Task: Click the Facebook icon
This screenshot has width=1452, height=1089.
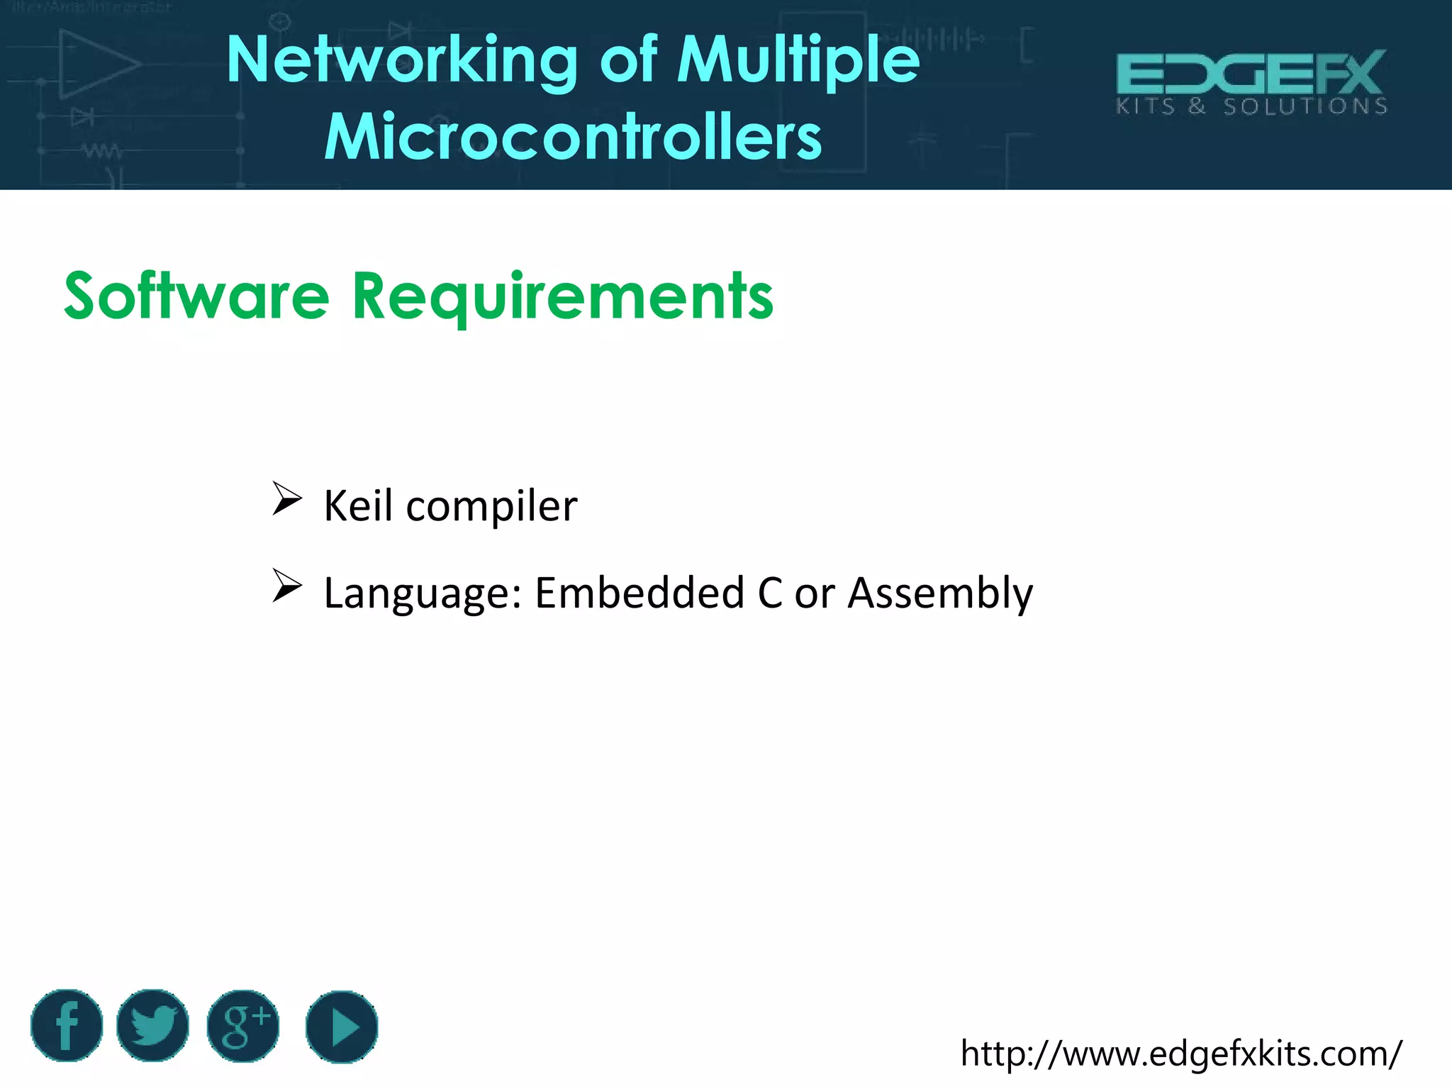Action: tap(67, 1026)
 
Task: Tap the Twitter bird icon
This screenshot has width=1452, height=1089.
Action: tap(152, 1026)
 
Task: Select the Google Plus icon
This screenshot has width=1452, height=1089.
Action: tap(243, 1026)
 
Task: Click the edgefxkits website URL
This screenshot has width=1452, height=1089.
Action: tap(1180, 1054)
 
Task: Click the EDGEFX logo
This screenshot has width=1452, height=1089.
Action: tap(1251, 74)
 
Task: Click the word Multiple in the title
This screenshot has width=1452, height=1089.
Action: tap(798, 62)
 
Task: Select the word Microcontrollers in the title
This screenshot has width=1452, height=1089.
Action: tap(573, 137)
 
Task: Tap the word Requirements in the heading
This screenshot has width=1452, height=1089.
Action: tap(563, 297)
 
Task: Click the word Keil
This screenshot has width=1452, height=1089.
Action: tap(358, 506)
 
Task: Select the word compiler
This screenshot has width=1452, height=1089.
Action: tap(491, 507)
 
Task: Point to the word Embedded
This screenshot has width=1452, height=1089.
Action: tap(639, 593)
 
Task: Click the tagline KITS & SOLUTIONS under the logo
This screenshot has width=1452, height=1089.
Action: tap(1251, 107)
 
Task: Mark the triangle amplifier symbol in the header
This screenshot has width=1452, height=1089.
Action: tap(96, 64)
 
